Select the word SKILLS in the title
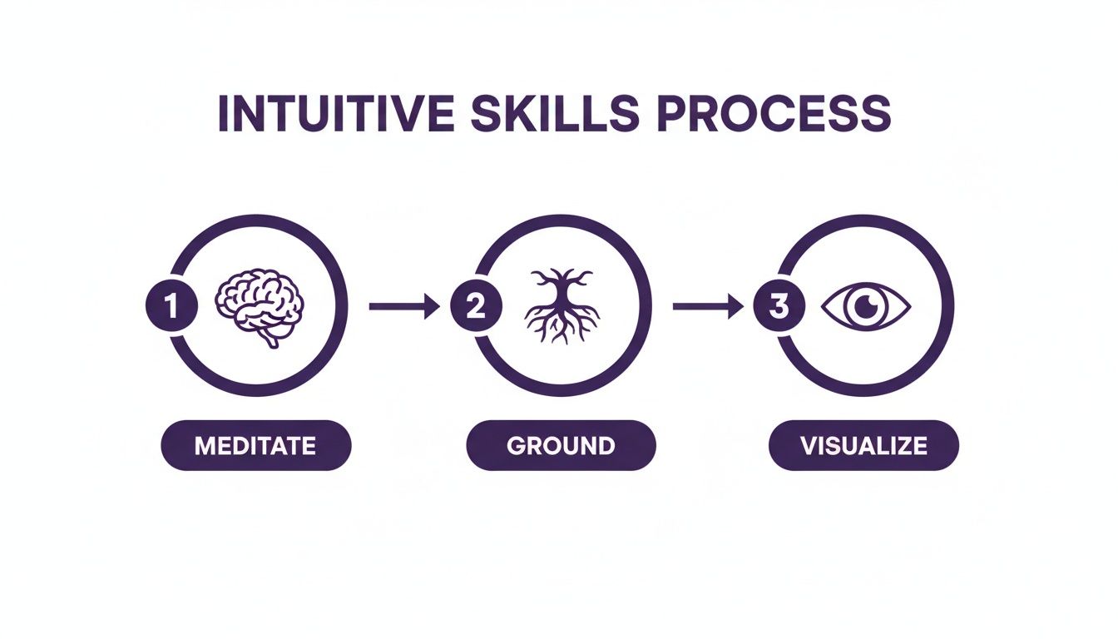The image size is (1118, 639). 557,114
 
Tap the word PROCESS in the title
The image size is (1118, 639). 773,114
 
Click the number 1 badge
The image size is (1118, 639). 171,306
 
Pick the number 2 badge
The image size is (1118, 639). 475,306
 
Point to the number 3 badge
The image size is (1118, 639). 778,306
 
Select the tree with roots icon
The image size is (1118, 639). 562,306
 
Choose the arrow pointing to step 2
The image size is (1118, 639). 404,307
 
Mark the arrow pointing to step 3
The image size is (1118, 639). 708,307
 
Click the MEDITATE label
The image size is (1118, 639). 255,445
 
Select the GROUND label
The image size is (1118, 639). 561,445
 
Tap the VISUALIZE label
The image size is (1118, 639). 863,445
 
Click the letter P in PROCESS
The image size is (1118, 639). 668,114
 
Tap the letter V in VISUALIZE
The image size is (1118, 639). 808,445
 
